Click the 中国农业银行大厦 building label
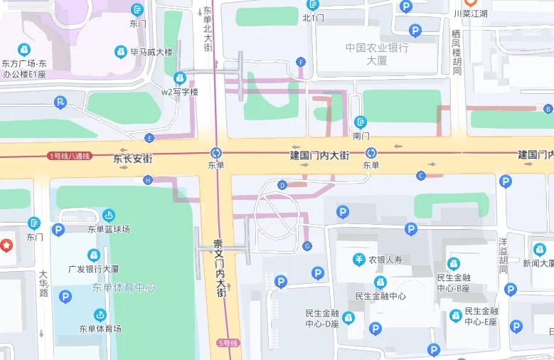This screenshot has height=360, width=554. (x=377, y=54)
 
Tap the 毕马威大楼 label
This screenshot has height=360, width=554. (x=149, y=52)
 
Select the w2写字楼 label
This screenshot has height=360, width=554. (x=179, y=92)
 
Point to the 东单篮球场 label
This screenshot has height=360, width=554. (x=109, y=228)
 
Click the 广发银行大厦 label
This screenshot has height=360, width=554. (x=93, y=269)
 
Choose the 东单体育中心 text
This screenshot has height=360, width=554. (x=123, y=287)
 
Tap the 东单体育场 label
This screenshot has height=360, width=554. (x=100, y=328)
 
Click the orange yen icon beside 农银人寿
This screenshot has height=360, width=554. (x=360, y=259)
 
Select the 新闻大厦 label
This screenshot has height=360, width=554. (x=538, y=263)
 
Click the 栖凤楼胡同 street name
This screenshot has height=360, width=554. (x=457, y=52)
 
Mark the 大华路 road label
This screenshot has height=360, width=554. (x=43, y=282)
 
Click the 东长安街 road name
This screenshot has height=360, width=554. (x=133, y=159)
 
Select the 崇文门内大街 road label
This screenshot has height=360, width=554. (x=220, y=268)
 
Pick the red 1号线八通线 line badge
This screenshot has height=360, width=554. (x=70, y=156)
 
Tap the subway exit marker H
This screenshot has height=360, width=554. (x=148, y=180)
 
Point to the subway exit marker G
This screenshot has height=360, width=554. (x=307, y=246)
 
